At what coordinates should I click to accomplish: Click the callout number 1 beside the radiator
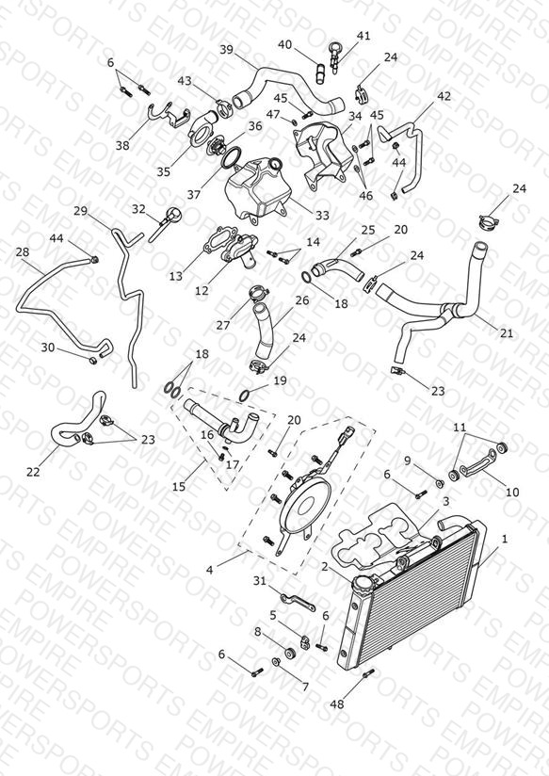505,539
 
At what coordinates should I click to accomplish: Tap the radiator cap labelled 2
361,583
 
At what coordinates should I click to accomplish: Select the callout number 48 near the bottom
336,703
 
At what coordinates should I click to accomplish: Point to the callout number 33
322,216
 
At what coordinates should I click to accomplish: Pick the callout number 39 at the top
226,50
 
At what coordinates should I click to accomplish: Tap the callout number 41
363,36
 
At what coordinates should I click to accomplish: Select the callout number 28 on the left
23,251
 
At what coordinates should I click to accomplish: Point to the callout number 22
33,472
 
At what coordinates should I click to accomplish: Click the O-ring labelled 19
245,396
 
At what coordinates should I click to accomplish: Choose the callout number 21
507,333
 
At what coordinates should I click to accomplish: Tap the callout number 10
512,492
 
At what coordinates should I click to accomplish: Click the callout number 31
260,580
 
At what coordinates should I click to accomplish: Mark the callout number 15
179,487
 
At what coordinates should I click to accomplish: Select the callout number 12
202,290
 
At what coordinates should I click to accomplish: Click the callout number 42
444,95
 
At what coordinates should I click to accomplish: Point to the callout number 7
305,687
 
